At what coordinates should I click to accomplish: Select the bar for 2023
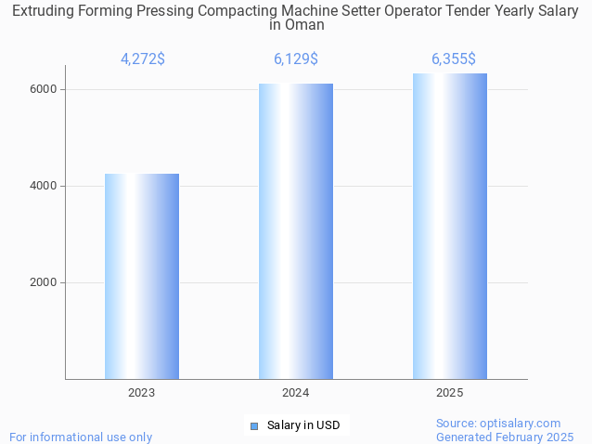coord(142,276)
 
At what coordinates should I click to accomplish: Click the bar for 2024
coord(296,231)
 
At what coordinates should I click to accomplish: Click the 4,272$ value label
coord(143,59)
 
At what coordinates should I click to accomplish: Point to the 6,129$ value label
coord(296,59)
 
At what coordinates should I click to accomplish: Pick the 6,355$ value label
coord(454,59)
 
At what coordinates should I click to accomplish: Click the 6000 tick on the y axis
coord(45,89)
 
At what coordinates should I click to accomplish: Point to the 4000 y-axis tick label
coord(45,186)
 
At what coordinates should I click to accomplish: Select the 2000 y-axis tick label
coord(45,282)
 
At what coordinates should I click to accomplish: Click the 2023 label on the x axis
coord(142,393)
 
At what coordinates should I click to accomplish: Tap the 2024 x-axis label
coord(296,393)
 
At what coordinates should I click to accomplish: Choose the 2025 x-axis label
coord(450,393)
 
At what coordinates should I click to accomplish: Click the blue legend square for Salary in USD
coord(253,425)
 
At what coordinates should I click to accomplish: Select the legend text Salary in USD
coord(303,425)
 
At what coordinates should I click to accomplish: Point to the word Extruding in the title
coord(44,10)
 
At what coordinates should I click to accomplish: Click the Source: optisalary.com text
coord(498,423)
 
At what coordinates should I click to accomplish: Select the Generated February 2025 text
coord(505,437)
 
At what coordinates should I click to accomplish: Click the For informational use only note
coord(81,437)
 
